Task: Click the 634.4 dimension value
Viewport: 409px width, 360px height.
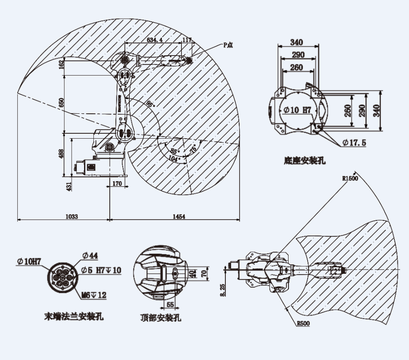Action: [155, 40]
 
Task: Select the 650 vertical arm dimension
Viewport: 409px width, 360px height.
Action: [61, 102]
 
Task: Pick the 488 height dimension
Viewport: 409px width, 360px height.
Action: [61, 153]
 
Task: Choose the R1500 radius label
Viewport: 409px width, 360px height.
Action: [350, 178]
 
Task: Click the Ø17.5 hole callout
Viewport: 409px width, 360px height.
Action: [354, 143]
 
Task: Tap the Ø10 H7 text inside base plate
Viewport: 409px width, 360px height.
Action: [296, 109]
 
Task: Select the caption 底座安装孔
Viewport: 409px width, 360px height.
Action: [305, 161]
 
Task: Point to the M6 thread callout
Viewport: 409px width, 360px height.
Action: [94, 294]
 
